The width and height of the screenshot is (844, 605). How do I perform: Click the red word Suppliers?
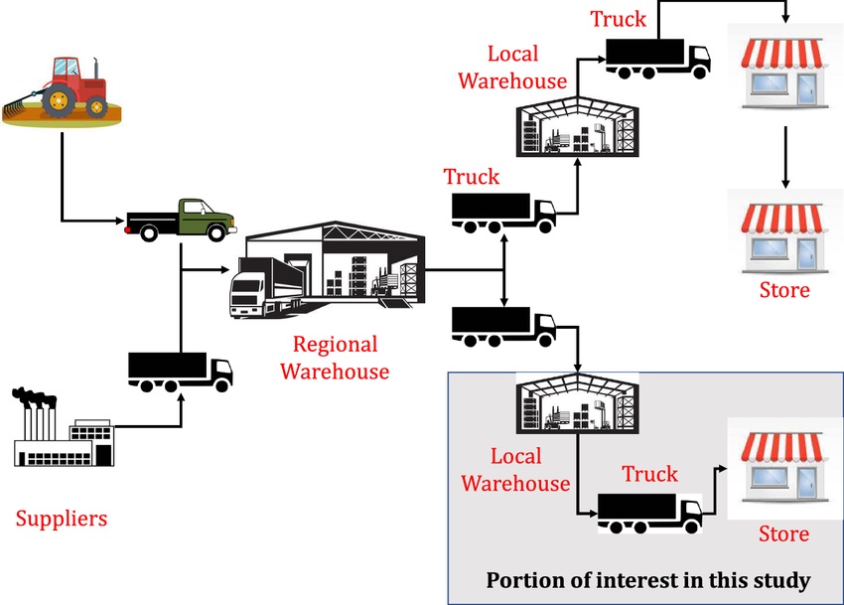(x=62, y=519)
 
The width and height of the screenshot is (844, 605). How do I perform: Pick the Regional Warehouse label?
(x=335, y=359)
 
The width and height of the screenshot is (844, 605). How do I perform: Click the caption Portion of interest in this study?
(x=647, y=579)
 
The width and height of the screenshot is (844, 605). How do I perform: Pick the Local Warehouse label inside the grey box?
(x=516, y=470)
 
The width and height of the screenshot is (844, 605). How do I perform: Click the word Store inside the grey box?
(x=783, y=533)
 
